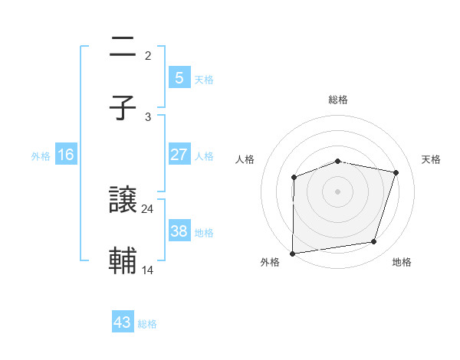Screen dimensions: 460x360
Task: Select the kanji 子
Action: point(123,108)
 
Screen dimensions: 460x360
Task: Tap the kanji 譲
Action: point(123,201)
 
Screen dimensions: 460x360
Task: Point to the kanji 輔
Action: point(123,261)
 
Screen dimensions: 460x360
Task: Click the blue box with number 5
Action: point(179,77)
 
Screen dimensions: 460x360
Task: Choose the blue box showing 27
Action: point(179,154)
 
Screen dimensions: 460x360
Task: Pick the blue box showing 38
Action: point(179,231)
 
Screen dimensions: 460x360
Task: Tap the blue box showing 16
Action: point(66,154)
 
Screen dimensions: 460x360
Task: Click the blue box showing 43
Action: point(123,322)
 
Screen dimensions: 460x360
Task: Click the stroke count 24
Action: point(148,208)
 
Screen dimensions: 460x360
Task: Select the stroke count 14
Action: point(148,270)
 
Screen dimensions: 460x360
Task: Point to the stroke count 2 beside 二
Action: point(148,55)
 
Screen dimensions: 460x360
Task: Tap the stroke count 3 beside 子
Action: point(148,116)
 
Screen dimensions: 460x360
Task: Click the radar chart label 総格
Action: point(338,100)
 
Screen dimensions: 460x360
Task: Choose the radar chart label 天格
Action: point(432,159)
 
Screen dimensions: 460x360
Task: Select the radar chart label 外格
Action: point(270,262)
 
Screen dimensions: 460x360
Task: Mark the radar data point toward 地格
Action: point(374,242)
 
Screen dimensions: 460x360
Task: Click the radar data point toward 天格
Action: point(396,172)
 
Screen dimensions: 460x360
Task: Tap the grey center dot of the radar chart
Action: point(338,191)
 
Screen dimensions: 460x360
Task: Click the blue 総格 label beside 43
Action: point(147,324)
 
